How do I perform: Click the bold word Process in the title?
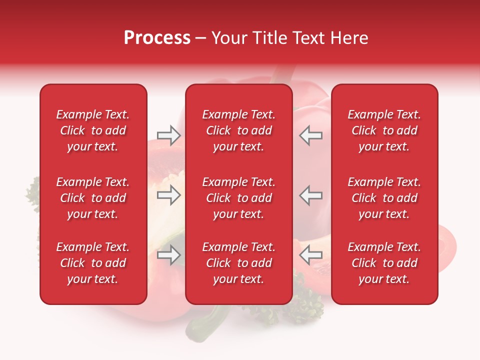coord(157,38)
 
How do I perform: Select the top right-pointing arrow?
coord(169,135)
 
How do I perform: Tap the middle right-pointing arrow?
coord(169,195)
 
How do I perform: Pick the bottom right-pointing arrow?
coord(169,255)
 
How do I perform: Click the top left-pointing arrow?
coord(310,135)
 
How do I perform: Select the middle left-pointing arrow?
coord(310,195)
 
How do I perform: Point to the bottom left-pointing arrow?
coord(310,255)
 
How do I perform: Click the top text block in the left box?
coord(93,130)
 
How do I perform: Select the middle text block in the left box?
coord(93,198)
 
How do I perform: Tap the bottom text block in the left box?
coord(93,263)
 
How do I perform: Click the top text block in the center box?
coord(238,130)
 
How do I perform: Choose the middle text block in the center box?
coord(238,198)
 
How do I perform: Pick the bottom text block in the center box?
coord(238,263)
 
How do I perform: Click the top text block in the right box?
coord(384,130)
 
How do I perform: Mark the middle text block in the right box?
coord(384,198)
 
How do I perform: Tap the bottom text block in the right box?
coord(384,263)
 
